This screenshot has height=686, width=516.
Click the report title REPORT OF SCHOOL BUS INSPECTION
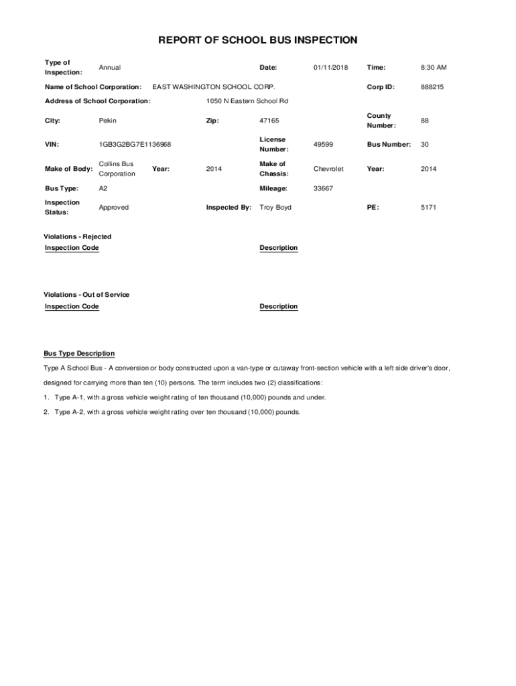click(x=257, y=41)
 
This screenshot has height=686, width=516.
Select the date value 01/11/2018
click(x=330, y=68)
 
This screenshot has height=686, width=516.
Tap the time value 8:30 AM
click(x=434, y=68)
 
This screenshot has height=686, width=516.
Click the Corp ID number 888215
click(x=432, y=87)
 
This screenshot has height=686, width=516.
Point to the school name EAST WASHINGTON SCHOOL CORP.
click(x=214, y=87)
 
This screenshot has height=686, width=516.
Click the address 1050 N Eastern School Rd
click(x=247, y=101)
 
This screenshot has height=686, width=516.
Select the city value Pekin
click(x=107, y=121)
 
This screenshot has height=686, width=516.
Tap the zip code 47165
click(x=269, y=121)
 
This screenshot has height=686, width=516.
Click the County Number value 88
click(x=425, y=121)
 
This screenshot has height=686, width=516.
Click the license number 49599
click(x=323, y=145)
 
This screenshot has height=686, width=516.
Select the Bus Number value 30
click(x=425, y=145)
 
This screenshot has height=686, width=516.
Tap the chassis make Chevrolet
click(x=328, y=169)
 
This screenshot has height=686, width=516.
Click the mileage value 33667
click(x=323, y=189)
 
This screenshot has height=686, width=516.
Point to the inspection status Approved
click(x=113, y=208)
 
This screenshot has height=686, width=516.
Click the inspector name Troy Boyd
click(x=275, y=208)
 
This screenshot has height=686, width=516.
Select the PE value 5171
click(x=428, y=208)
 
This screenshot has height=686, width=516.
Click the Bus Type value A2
click(x=103, y=189)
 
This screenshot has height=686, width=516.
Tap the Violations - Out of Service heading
click(x=86, y=295)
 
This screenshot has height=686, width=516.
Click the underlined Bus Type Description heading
click(x=79, y=354)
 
